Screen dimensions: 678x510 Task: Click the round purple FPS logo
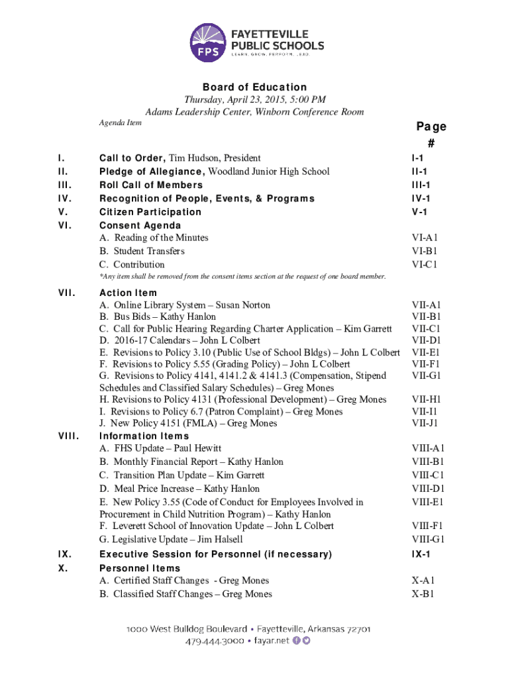[x=207, y=41]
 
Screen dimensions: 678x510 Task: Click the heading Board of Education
[x=254, y=87]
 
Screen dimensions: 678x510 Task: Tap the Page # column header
[x=431, y=134]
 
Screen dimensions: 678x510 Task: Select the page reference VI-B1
[x=425, y=251]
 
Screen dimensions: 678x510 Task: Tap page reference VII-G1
[x=427, y=375]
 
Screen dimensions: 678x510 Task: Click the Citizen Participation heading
[x=150, y=212]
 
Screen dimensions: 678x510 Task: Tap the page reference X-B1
[x=423, y=594]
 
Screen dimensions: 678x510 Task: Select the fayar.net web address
[x=272, y=641]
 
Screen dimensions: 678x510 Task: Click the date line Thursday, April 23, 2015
[x=254, y=99]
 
